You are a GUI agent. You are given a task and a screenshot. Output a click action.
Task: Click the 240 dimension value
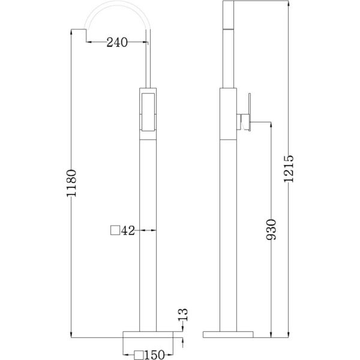(x=117, y=42)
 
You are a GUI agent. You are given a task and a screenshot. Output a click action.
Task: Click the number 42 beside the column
(x=127, y=230)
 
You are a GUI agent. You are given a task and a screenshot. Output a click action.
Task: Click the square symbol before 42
(x=115, y=230)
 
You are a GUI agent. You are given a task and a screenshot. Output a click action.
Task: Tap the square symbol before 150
(x=139, y=355)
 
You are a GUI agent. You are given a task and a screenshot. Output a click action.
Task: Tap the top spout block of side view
(x=232, y=14)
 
